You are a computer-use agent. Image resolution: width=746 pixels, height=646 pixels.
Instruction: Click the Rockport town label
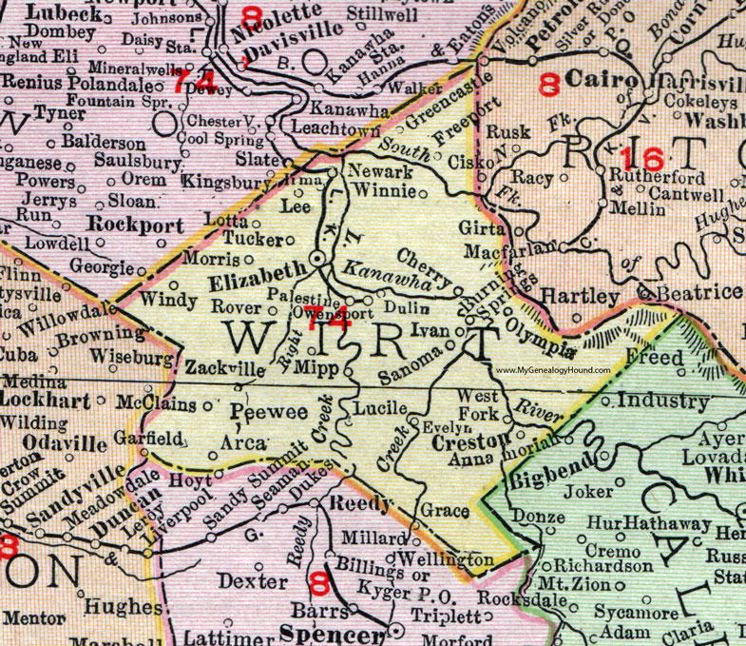125,225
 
